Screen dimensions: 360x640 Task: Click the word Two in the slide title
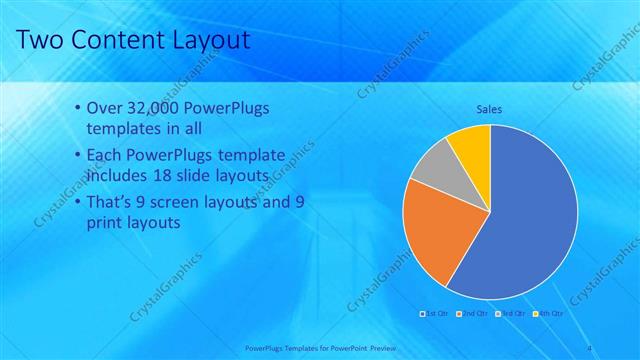(42, 40)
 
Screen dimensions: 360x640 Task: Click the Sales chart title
(489, 109)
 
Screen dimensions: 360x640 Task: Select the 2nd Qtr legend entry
(472, 314)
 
